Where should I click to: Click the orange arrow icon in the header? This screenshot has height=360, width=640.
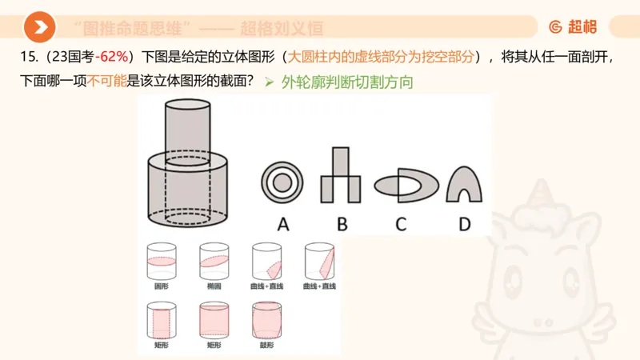coord(38,27)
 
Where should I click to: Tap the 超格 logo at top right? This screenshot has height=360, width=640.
coord(573,27)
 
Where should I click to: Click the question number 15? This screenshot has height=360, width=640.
coord(24,58)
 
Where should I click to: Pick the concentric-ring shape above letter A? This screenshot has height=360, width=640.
coord(282,182)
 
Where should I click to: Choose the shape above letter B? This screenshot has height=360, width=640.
coord(342,178)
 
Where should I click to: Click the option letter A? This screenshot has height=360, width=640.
coord(282,224)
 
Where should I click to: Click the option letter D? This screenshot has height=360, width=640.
coord(464,224)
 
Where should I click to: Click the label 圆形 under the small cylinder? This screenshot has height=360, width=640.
coord(161,286)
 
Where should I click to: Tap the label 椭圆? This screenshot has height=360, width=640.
coord(213,286)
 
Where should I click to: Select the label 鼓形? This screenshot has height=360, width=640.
coord(266,345)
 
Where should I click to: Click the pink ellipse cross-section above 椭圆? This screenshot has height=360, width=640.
coord(213,261)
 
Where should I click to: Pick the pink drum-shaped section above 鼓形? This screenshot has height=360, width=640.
coord(266,322)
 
